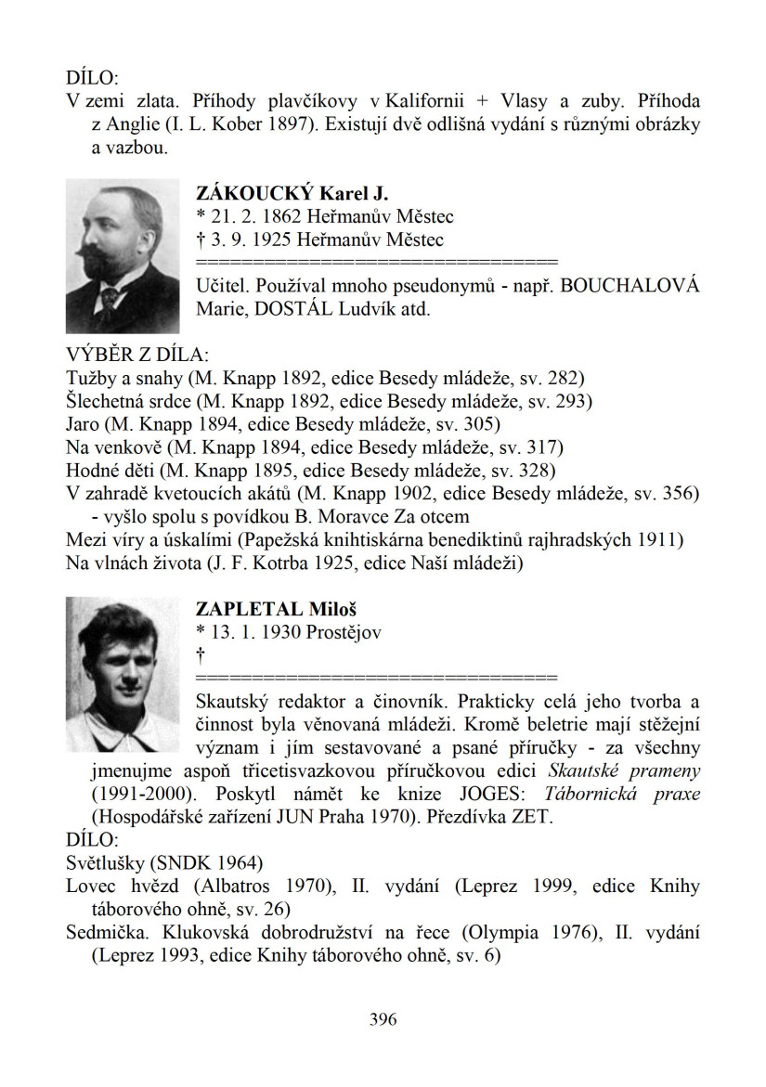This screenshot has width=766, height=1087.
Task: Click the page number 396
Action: [383, 1019]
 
